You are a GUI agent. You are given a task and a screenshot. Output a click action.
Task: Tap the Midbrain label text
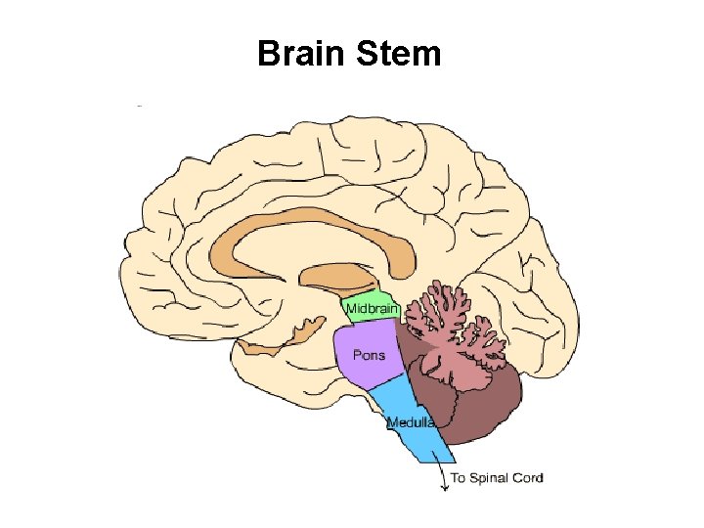[x=372, y=310]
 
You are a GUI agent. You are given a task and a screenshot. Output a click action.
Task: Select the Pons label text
[x=369, y=355]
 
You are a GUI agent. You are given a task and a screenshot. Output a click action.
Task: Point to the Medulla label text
[x=411, y=423]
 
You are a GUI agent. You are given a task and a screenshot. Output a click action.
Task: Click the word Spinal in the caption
[x=492, y=478]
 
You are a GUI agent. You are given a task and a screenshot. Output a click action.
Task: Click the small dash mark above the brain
[x=141, y=105]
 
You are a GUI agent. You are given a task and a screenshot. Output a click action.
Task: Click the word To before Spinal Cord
[x=458, y=478]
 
